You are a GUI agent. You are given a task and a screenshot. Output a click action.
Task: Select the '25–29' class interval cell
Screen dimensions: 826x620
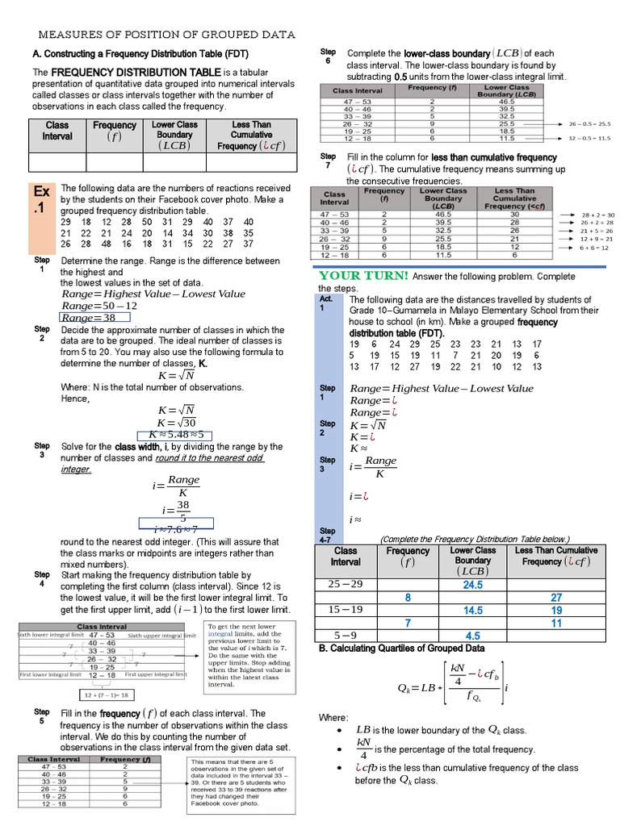[346, 584]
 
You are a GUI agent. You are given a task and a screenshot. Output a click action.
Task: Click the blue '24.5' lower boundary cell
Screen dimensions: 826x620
[472, 585]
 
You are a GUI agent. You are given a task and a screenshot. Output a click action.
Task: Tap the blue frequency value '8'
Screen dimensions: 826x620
[408, 598]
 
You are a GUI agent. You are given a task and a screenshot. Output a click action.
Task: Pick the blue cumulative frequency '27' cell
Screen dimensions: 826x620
[556, 598]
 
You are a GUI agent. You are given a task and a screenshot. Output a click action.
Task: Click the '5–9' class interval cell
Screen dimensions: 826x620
[346, 635]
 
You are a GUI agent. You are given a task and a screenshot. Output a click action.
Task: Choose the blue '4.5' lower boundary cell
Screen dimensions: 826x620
[472, 636]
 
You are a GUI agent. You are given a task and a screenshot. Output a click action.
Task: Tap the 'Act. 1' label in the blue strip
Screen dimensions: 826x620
[326, 302]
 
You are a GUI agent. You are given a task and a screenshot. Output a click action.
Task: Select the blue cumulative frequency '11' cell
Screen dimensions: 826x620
[556, 623]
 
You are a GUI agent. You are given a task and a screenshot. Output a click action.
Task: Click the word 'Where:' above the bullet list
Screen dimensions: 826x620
[333, 717]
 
